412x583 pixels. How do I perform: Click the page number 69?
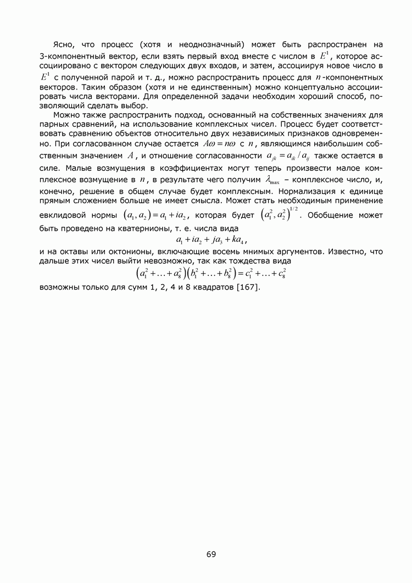point(211,554)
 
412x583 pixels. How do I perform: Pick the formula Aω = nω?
point(219,144)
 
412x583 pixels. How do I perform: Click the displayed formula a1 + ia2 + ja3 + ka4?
point(211,240)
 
